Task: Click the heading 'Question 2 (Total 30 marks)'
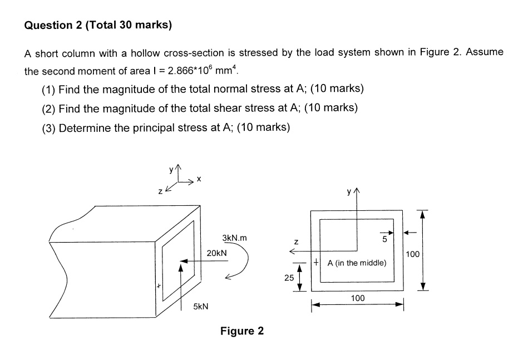[x=98, y=25]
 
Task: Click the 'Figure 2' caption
[x=242, y=331]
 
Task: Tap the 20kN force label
[x=216, y=253]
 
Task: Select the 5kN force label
[x=201, y=307]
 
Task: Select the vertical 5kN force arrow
[x=180, y=287]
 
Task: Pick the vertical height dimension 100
[x=412, y=254]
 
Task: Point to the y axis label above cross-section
[x=349, y=193]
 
